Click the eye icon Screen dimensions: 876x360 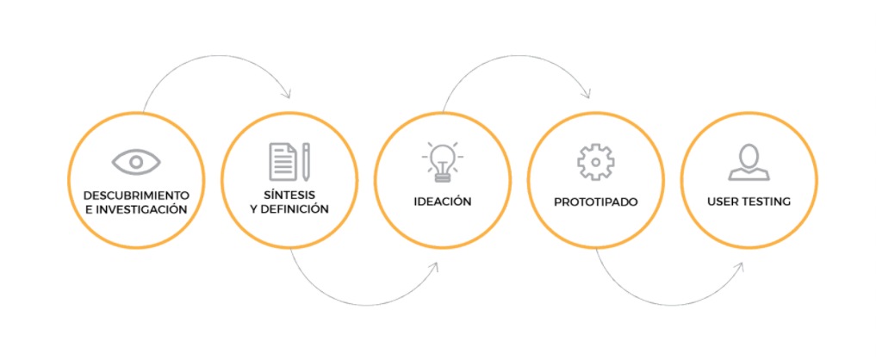(136, 161)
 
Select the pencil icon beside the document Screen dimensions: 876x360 (306, 162)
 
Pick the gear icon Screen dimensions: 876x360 (594, 162)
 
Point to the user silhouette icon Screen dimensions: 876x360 (749, 162)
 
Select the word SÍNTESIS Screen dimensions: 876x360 (289, 195)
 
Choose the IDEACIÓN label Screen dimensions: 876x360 (443, 202)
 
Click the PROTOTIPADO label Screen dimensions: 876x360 (595, 202)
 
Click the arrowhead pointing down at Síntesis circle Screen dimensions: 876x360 (288, 92)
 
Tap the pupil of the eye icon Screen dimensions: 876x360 (136, 161)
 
